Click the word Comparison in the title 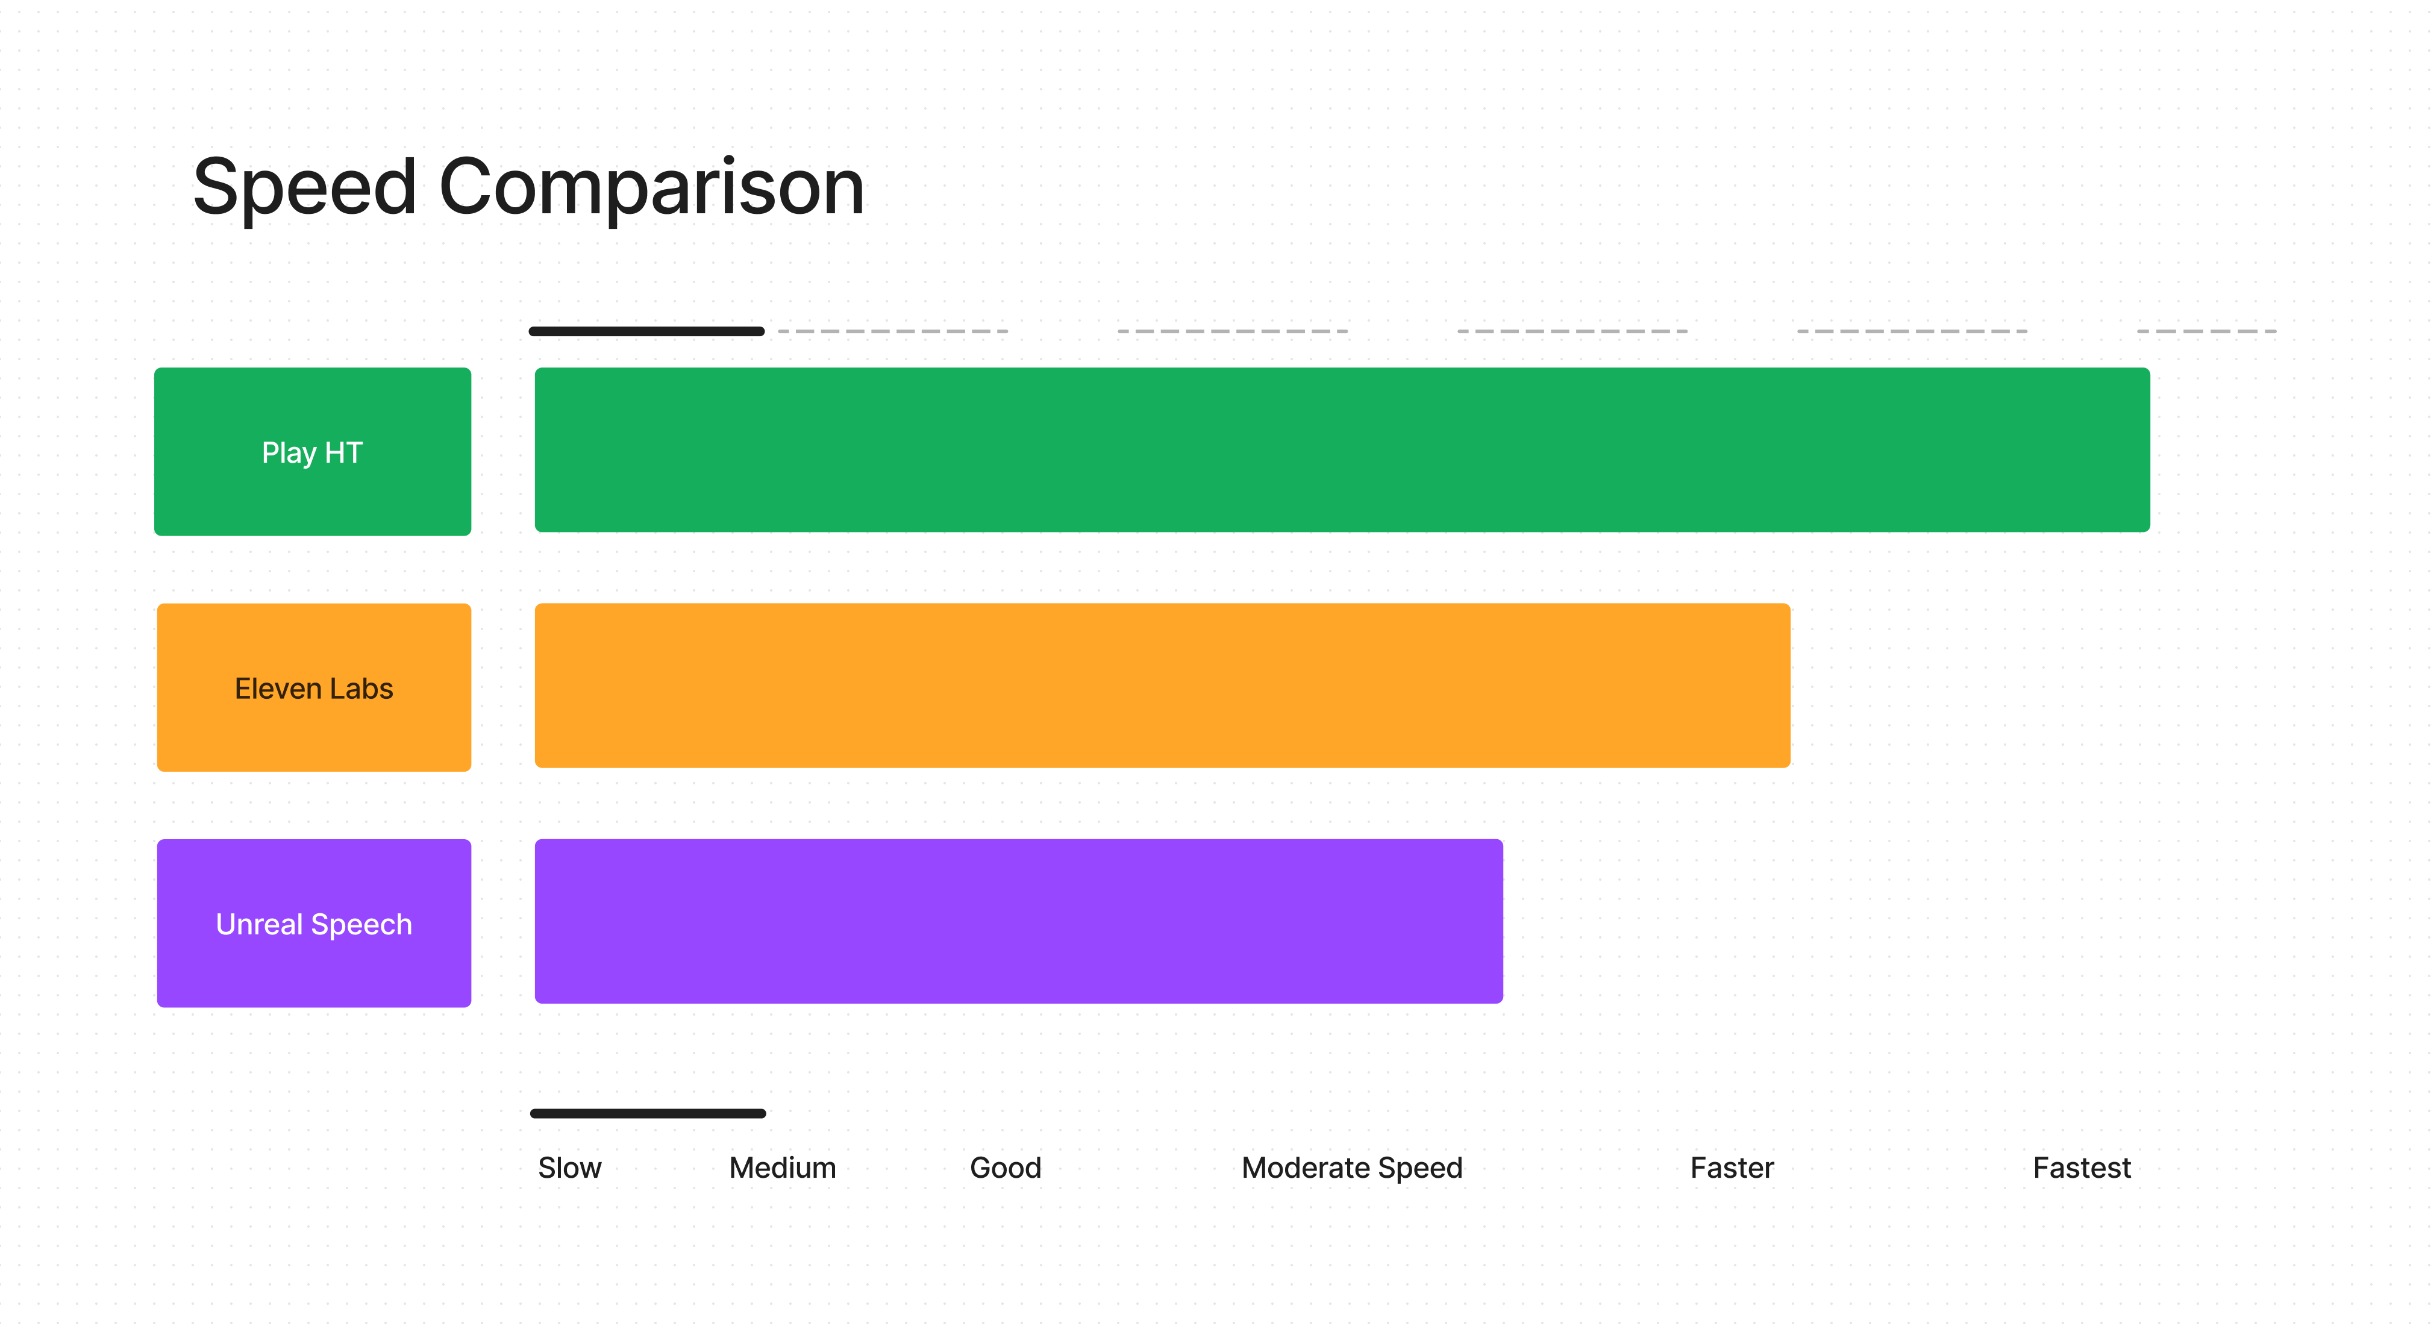tap(652, 188)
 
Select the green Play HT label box tap(312, 452)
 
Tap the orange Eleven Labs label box tap(314, 688)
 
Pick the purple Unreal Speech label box tap(314, 924)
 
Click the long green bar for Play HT tap(1342, 450)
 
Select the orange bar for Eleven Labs tap(1163, 686)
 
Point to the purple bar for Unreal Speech tap(1019, 922)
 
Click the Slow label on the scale tap(570, 1168)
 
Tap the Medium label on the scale tap(783, 1168)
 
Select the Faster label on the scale tap(1732, 1168)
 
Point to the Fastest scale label tap(2082, 1168)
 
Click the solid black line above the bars tap(646, 331)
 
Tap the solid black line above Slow tap(648, 1113)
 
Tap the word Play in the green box tap(289, 454)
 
